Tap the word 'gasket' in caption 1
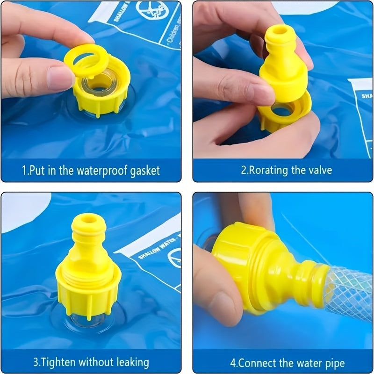point(144,170)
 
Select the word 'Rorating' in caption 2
point(267,170)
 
